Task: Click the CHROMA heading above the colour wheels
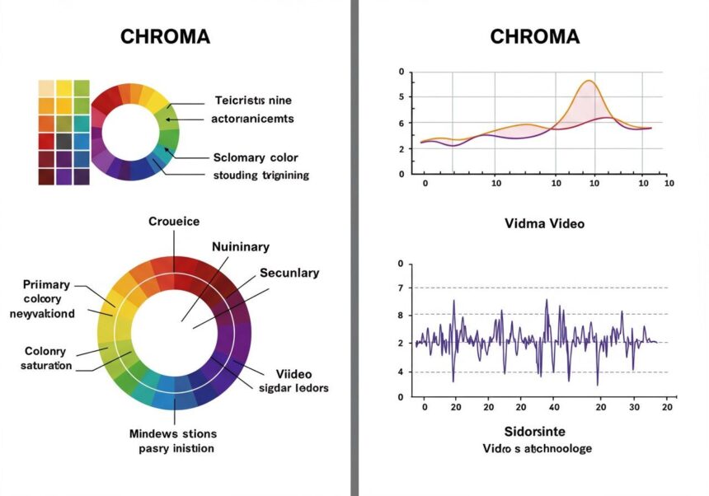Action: coord(165,37)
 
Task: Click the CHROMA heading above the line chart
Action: coord(534,37)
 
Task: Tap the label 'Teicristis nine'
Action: coord(253,101)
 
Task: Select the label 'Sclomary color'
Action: coord(256,157)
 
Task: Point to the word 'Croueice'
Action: coord(174,222)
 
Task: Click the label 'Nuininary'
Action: coord(241,246)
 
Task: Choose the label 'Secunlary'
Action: coord(289,273)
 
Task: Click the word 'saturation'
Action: coord(46,365)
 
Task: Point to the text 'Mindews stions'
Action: coord(173,433)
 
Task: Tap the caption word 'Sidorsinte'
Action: coord(537,432)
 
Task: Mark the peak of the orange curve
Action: coord(589,81)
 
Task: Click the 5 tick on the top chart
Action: coord(401,97)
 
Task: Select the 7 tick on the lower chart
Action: coord(401,288)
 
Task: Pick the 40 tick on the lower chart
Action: coord(554,407)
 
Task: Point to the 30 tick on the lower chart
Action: coord(634,407)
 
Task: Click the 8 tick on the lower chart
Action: coord(401,315)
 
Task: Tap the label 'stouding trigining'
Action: coord(261,175)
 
